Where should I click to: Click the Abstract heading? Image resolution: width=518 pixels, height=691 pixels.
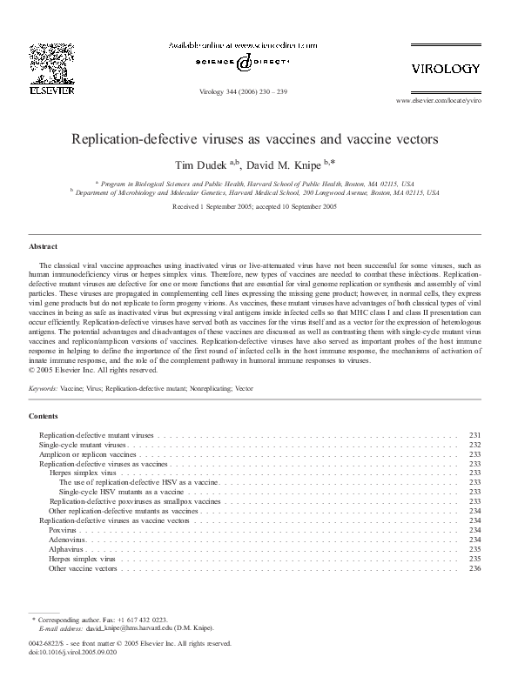point(43,247)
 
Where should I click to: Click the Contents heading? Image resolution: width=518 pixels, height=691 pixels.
point(44,417)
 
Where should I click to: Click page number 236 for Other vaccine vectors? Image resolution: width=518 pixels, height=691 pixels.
point(474,568)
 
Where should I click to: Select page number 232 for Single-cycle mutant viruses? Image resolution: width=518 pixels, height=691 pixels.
point(474,445)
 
